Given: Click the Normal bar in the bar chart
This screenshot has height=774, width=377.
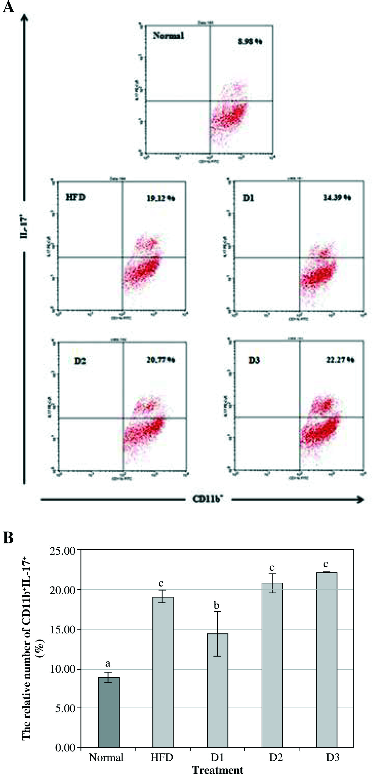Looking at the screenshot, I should pyautogui.click(x=109, y=712).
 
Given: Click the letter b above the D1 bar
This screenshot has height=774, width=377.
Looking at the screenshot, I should pyautogui.click(x=216, y=605).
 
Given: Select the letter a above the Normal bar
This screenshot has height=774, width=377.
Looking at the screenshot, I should pyautogui.click(x=108, y=663).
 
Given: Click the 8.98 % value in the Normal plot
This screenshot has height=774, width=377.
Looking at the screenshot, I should pyautogui.click(x=250, y=41).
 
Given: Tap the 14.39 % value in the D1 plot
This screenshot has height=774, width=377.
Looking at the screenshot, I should pyautogui.click(x=337, y=197).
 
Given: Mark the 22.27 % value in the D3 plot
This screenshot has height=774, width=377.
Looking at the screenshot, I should pyautogui.click(x=340, y=360).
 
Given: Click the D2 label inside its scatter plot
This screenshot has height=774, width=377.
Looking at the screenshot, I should pyautogui.click(x=80, y=361).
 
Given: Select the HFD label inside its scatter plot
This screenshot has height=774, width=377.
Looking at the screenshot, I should pyautogui.click(x=75, y=197).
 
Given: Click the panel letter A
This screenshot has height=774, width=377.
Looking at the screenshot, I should pyautogui.click(x=8, y=7).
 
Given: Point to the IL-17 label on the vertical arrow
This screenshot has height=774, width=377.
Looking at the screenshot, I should pyautogui.click(x=24, y=226).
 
